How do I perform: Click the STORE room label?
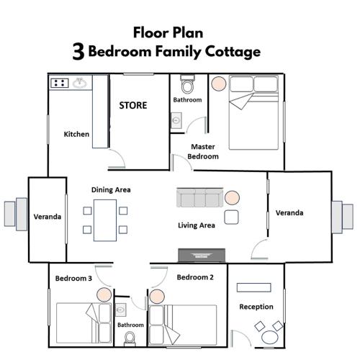coord(133,105)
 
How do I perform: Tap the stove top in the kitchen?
coord(60,83)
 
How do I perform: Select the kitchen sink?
coord(80,83)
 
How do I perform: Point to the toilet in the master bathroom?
coord(187,84)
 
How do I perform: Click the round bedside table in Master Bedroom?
coord(219,84)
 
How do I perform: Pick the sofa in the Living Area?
coord(200,197)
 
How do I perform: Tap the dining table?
coord(105,220)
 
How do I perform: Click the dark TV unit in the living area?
coord(202,255)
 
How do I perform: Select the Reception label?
coord(256,307)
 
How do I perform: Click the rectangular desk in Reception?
coord(254,287)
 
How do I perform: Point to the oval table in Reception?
coord(270,337)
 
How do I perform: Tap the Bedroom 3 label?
coord(73,279)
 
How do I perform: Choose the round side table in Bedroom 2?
coord(157,297)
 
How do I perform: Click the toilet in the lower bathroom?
coord(130,338)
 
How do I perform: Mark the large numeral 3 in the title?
coord(78,52)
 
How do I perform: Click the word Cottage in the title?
coord(233,52)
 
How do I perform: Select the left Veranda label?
coord(48,217)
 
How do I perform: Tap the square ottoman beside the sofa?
coord(231,217)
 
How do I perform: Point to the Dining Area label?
coord(111,190)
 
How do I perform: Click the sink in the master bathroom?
coord(176,120)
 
